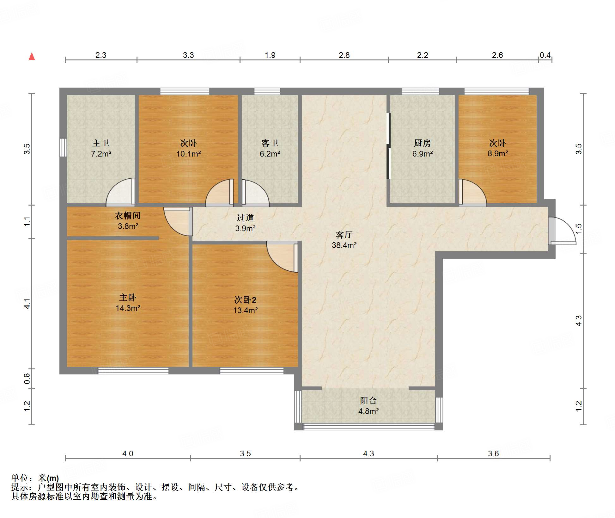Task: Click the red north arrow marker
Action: point(32,56)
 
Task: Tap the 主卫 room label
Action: point(101,143)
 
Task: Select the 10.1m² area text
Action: point(188,154)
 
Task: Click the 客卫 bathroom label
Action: point(270,143)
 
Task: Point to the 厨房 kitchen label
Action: point(422,143)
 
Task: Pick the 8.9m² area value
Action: point(498,154)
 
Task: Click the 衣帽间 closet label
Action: point(127,216)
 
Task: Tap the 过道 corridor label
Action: point(245,218)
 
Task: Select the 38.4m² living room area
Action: point(344,245)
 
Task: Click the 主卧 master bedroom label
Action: point(128,298)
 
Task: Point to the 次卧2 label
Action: point(245,300)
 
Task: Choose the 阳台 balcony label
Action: point(368,401)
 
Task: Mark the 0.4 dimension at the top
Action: point(545,55)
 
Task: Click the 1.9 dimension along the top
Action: point(270,55)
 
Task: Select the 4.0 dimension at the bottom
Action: point(128,453)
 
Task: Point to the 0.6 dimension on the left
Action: point(27,379)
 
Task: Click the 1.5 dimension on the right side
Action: point(579,229)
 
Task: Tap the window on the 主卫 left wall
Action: point(63,147)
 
